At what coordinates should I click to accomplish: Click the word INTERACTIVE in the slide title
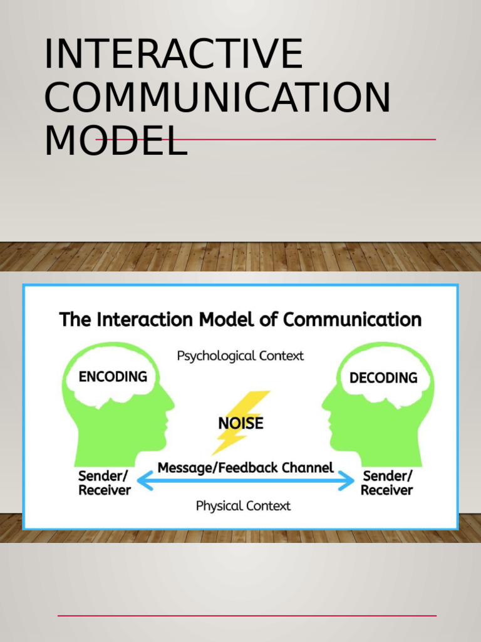[173, 54]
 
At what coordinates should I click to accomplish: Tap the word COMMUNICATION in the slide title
[217, 98]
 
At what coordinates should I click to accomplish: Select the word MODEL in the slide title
[116, 141]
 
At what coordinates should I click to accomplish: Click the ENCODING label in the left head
[113, 376]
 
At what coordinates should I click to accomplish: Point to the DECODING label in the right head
[383, 377]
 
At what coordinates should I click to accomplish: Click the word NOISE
[240, 423]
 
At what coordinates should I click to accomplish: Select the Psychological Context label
[240, 355]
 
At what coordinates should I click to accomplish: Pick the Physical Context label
[243, 505]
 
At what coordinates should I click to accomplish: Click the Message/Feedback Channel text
[246, 468]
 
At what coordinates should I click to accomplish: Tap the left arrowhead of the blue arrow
[142, 481]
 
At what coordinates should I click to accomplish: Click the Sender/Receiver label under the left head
[105, 483]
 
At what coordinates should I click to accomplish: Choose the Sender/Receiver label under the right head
[387, 483]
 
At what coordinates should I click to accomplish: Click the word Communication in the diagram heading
[352, 320]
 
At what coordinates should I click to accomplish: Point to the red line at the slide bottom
[247, 616]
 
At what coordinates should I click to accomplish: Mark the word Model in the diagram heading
[224, 320]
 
